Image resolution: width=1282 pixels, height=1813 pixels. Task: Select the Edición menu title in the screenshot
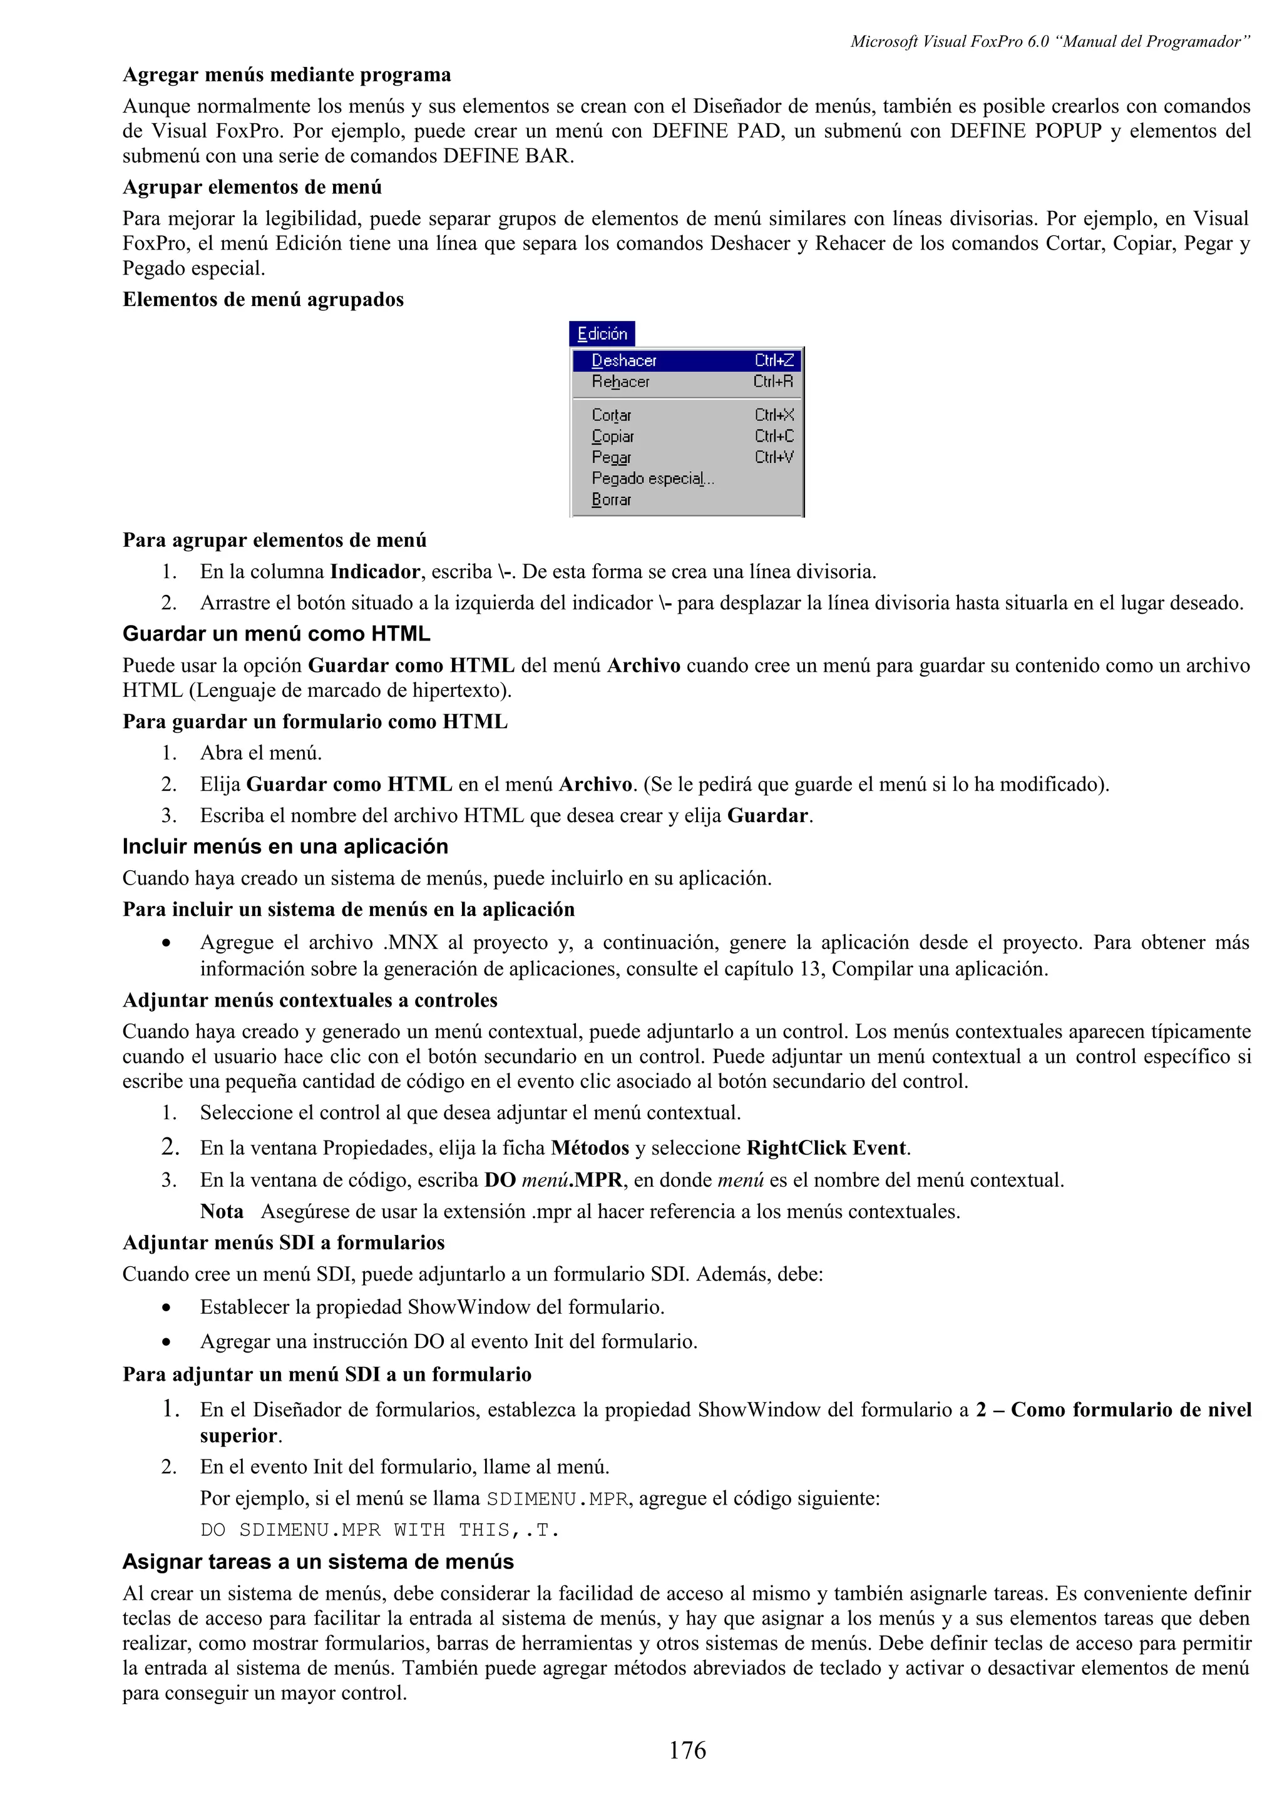[x=602, y=334]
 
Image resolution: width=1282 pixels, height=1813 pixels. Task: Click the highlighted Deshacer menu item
[x=624, y=361]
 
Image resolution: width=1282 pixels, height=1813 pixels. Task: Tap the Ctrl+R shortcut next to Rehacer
[x=773, y=382]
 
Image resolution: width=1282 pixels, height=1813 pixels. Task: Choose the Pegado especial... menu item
[x=652, y=479]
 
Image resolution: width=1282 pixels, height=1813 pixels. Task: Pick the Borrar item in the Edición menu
[x=612, y=500]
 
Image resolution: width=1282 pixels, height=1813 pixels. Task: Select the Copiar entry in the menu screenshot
[x=613, y=437]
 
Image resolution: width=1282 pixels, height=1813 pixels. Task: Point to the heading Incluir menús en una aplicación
[x=285, y=846]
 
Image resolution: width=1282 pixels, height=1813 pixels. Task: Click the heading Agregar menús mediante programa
[x=287, y=75]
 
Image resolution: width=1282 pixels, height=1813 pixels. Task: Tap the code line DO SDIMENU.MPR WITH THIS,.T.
[x=380, y=1530]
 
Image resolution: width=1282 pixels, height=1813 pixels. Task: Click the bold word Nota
[x=222, y=1211]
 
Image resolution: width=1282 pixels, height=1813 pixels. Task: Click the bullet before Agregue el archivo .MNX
[x=166, y=943]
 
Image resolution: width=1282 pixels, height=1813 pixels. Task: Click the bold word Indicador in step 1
[x=375, y=571]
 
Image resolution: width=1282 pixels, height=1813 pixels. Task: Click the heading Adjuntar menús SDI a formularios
[x=284, y=1243]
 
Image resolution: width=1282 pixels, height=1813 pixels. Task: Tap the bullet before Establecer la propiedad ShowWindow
[x=166, y=1308]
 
